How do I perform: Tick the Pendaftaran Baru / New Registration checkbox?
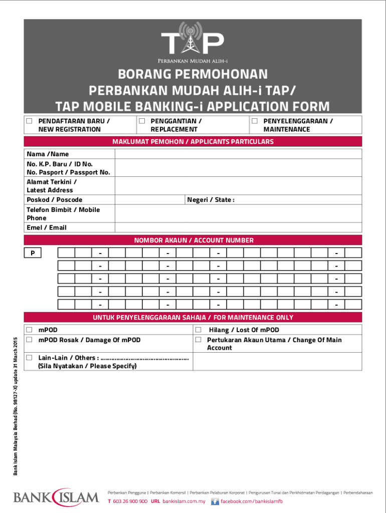[x=30, y=121]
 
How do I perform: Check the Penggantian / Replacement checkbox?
[x=142, y=121]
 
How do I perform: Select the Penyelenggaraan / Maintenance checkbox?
[x=255, y=121]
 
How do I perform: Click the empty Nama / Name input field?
[x=238, y=154]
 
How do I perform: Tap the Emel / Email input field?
[x=238, y=227]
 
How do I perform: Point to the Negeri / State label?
[x=211, y=200]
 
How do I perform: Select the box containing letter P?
[x=33, y=253]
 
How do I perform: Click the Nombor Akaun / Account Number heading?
[x=194, y=240]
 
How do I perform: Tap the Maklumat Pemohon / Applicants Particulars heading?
[x=193, y=142]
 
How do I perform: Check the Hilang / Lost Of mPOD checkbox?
[x=198, y=330]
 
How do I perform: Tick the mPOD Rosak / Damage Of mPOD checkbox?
[x=30, y=340]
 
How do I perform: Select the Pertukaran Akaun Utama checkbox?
[x=198, y=340]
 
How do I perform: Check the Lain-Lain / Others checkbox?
[x=30, y=358]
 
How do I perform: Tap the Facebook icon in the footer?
[x=215, y=501]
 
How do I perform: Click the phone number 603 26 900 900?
[x=130, y=501]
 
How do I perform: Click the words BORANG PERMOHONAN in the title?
[x=193, y=75]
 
